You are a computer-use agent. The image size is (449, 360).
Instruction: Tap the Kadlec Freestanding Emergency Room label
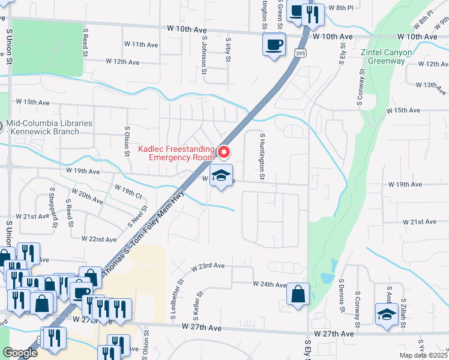pos(176,153)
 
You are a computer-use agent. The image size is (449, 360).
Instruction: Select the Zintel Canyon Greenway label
pos(386,56)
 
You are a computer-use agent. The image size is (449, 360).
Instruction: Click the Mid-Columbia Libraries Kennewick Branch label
pos(49,127)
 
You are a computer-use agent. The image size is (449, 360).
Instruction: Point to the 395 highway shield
pos(298,54)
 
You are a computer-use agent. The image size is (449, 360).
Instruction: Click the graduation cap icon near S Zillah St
pos(387,314)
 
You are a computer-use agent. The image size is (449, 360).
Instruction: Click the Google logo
pos(20,352)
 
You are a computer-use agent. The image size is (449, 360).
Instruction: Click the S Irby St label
pos(229,46)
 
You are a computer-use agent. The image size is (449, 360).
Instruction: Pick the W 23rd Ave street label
pos(208,266)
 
